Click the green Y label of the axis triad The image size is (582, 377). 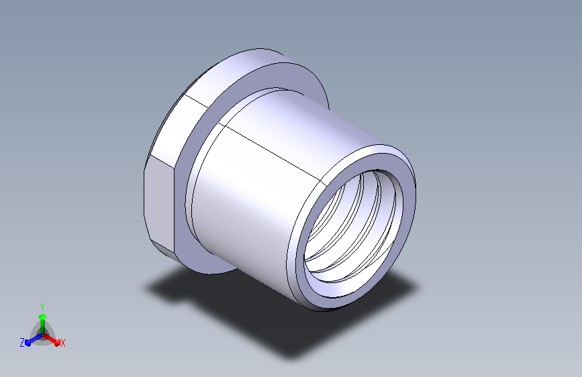pyautogui.click(x=42, y=307)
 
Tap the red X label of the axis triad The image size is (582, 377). pyautogui.click(x=62, y=343)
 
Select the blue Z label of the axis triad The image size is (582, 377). pyautogui.click(x=22, y=343)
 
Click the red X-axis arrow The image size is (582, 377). pyautogui.click(x=51, y=339)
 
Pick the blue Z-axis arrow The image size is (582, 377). pyautogui.click(x=34, y=339)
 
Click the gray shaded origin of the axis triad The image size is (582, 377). pyautogui.click(x=43, y=334)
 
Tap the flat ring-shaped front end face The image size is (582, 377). pyautogui.click(x=405, y=186)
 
